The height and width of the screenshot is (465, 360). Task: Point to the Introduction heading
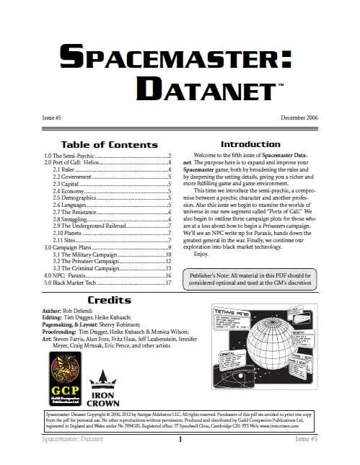[x=250, y=144]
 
